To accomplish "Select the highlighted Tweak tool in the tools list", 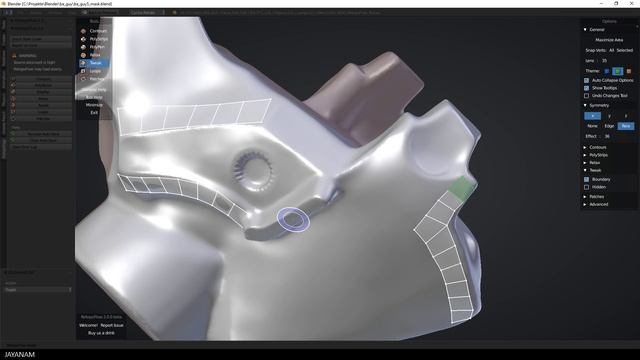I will [96, 62].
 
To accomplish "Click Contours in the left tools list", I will [97, 31].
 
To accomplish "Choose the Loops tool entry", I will [96, 71].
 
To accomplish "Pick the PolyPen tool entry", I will [97, 47].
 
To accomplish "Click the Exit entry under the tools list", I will [94, 112].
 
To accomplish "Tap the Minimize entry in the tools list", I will [94, 104].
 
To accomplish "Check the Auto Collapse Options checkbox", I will [586, 80].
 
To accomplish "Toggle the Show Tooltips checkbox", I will [586, 88].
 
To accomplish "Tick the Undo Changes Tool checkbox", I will [586, 96].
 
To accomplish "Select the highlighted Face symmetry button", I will [626, 126].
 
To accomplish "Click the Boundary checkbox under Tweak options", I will [586, 179].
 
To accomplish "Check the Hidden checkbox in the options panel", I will [586, 187].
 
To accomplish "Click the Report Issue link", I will [112, 325].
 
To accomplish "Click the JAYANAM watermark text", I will [21, 353].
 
